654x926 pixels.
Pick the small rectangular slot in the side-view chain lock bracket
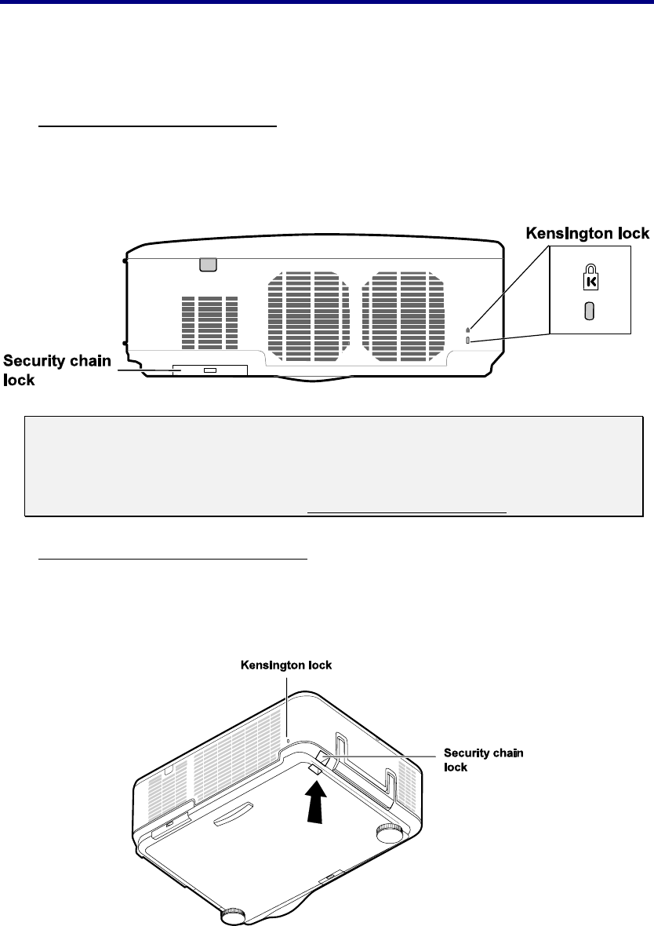(209, 369)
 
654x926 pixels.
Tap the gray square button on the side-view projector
(207, 264)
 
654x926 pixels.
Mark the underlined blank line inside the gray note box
(407, 510)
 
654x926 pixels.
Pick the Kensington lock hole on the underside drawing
(289, 738)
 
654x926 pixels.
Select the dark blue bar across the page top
(327, 2)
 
